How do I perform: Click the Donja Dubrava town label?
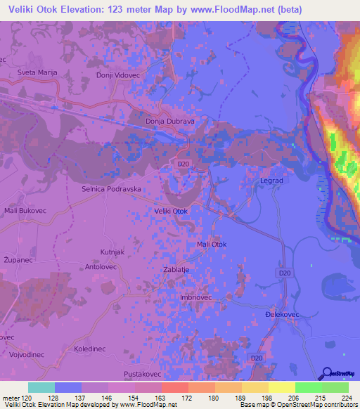click(x=169, y=121)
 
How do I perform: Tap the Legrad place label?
click(x=271, y=181)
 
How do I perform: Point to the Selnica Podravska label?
click(x=112, y=190)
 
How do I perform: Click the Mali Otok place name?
click(x=212, y=244)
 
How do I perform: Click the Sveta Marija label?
click(x=36, y=72)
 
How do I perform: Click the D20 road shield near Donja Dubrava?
click(x=184, y=164)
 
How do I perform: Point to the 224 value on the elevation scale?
click(x=347, y=398)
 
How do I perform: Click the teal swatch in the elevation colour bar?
click(x=41, y=387)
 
